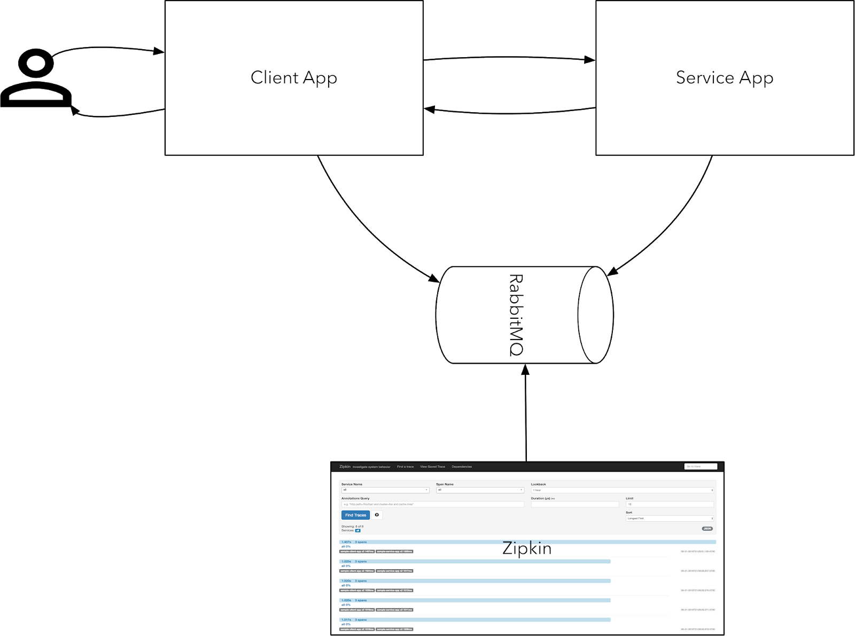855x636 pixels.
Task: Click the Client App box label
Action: (293, 78)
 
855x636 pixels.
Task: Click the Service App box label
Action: (724, 78)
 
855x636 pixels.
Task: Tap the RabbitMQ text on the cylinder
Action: (516, 315)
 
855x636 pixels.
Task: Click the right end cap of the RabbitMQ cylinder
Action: (595, 315)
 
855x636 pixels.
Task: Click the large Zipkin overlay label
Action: (527, 548)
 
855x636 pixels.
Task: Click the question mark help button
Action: (377, 515)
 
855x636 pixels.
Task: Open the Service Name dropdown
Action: (385, 490)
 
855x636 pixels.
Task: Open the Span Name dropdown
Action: (480, 490)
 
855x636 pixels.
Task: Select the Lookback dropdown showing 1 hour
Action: (622, 490)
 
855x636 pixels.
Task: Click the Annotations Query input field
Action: (432, 504)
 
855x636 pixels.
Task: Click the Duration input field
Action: (574, 504)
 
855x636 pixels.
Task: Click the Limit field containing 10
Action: (670, 504)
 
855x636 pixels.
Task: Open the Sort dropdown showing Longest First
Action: (670, 518)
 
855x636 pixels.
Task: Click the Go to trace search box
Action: (700, 466)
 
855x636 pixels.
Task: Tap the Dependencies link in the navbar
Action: (462, 467)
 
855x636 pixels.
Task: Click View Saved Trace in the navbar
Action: (432, 467)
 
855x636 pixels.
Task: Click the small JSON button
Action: (707, 529)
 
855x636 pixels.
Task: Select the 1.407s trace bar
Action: (527, 542)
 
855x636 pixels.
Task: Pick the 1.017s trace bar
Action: (475, 620)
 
